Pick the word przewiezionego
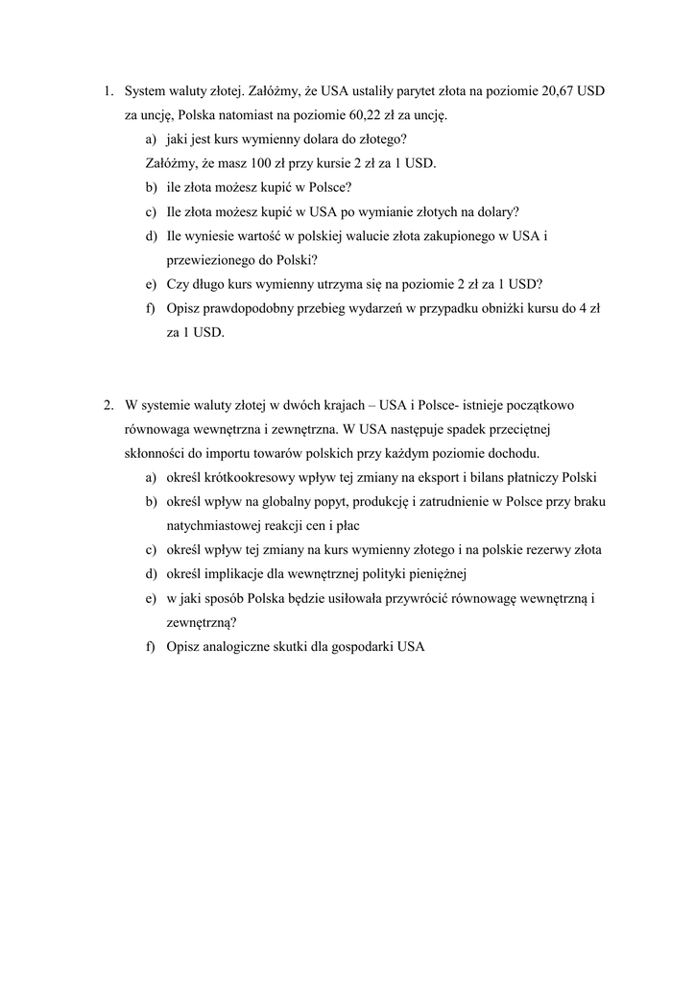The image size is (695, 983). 207,260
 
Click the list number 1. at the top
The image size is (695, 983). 108,91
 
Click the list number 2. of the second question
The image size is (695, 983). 108,405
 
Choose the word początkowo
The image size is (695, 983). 540,405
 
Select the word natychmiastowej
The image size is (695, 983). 214,526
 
